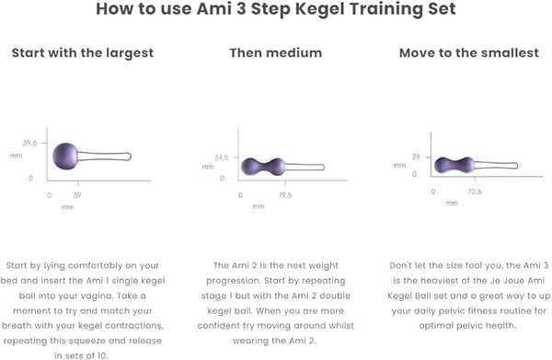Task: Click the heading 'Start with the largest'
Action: [x=83, y=53]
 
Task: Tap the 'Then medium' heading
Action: [x=276, y=52]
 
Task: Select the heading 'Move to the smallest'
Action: [x=469, y=52]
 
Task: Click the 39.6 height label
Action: [x=30, y=143]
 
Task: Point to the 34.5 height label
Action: [x=222, y=157]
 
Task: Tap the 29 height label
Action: [x=417, y=157]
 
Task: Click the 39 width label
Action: [x=77, y=195]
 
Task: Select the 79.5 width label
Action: [x=285, y=195]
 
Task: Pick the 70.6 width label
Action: [x=475, y=192]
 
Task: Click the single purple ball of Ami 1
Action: [x=65, y=157]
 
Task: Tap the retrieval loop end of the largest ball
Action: [x=129, y=157]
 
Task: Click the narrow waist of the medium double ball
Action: [x=263, y=167]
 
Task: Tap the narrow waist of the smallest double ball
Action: [x=454, y=165]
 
